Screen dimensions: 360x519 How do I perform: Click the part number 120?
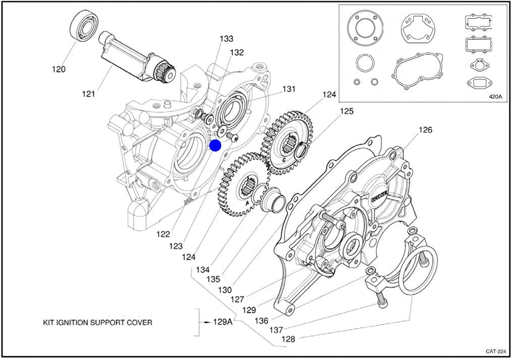click(58, 69)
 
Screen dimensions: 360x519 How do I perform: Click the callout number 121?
click(89, 94)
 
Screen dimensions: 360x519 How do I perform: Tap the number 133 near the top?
click(226, 39)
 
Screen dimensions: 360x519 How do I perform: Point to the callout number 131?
click(288, 89)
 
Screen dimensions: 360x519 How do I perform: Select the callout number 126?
click(425, 130)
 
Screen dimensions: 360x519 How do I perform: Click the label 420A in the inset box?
click(496, 97)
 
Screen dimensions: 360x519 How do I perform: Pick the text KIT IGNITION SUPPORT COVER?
click(97, 322)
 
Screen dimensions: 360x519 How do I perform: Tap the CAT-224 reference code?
click(495, 351)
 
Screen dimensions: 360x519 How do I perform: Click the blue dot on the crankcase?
click(215, 146)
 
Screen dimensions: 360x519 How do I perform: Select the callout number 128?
click(288, 339)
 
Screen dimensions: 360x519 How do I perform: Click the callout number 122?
click(163, 234)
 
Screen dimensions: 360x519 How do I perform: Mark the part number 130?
click(225, 290)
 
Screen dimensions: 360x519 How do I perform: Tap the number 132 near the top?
click(237, 52)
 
